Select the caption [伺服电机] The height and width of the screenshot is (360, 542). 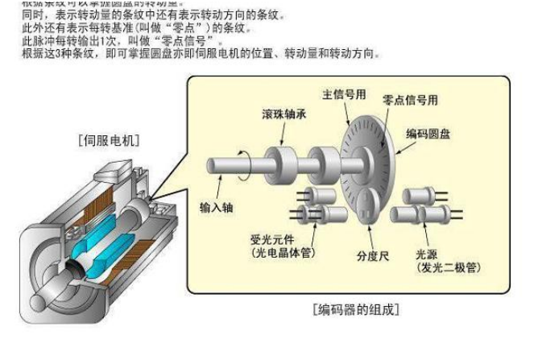[109, 140]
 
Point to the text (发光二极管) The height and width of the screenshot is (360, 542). [446, 266]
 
